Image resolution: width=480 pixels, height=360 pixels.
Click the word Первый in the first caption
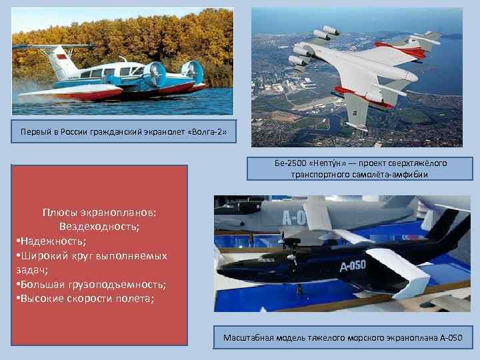tap(35, 133)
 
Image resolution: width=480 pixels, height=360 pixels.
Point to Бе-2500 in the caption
tap(288, 163)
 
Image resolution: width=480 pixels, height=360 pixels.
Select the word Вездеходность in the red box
tap(99, 227)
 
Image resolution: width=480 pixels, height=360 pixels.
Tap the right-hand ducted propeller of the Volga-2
tap(191, 71)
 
